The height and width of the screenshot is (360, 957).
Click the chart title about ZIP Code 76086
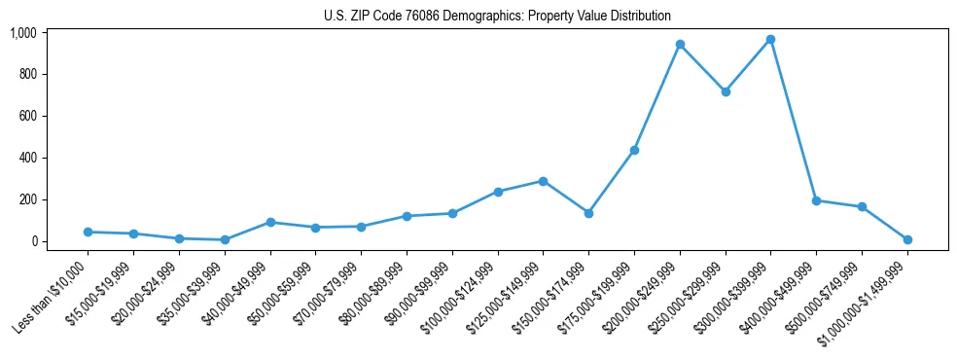click(x=497, y=16)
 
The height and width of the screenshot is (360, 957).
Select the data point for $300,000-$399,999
click(x=770, y=39)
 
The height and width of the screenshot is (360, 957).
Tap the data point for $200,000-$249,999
click(x=680, y=44)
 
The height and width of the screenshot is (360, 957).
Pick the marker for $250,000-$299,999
click(x=726, y=91)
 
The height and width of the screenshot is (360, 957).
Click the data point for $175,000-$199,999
click(x=634, y=150)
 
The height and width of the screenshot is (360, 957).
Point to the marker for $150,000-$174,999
click(x=588, y=213)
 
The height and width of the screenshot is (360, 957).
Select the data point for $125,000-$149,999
click(x=543, y=181)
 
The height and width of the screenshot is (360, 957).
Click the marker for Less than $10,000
click(x=88, y=232)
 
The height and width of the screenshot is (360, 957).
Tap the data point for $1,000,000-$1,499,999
click(x=907, y=239)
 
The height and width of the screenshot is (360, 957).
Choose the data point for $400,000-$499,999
click(x=816, y=200)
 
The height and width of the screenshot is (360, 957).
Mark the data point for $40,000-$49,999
click(x=270, y=222)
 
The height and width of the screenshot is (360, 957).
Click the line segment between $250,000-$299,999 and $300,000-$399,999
click(x=748, y=65)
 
